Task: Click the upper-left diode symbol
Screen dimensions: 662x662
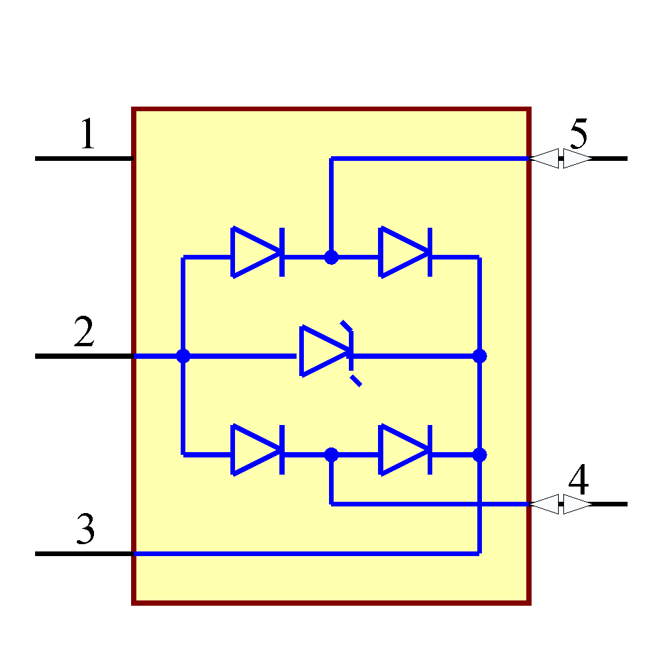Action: point(255,252)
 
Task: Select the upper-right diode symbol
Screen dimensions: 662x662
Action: point(403,252)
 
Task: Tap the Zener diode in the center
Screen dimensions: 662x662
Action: point(324,351)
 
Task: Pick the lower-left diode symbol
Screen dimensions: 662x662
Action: point(255,450)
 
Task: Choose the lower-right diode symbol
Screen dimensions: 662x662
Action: point(403,450)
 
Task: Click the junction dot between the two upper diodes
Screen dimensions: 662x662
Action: point(331,257)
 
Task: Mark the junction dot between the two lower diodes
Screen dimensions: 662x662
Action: point(331,455)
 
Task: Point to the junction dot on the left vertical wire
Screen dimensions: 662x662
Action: point(183,356)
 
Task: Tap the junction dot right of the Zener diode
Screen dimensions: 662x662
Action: point(479,356)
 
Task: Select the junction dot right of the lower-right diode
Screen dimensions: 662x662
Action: point(479,455)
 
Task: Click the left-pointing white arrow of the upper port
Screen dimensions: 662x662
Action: point(545,159)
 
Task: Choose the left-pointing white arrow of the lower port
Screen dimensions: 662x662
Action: point(545,504)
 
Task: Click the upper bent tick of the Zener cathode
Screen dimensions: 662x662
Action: point(346,326)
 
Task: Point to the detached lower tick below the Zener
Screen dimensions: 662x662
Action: point(356,381)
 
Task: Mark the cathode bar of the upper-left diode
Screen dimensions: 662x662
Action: point(282,252)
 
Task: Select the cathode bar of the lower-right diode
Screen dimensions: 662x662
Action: point(430,450)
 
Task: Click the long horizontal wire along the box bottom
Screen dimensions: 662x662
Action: point(305,553)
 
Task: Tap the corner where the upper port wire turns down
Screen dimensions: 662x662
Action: point(332,159)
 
